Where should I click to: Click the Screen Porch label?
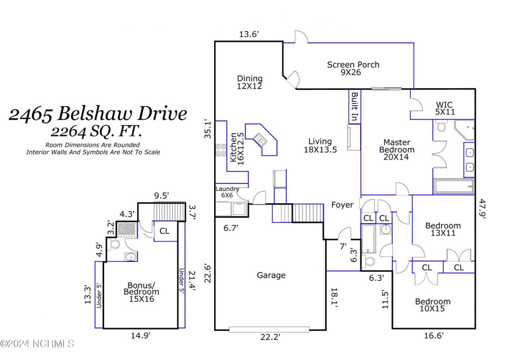tap(353, 69)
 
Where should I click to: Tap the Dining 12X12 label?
tap(250, 82)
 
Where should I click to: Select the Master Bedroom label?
tap(396, 150)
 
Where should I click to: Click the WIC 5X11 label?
tap(445, 108)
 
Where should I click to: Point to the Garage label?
tap(271, 275)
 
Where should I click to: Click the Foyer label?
tap(342, 205)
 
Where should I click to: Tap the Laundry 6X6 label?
tap(227, 192)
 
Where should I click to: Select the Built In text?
tap(354, 106)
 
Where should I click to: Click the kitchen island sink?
tap(260, 139)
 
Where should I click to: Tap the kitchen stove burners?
tap(221, 150)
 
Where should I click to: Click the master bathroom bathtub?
tap(454, 187)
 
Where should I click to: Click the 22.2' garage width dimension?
tap(270, 338)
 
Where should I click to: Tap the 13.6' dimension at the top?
tap(250, 34)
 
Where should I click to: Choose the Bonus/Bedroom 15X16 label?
tap(141, 292)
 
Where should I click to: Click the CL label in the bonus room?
tap(164, 231)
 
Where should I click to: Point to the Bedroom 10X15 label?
tap(433, 305)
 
